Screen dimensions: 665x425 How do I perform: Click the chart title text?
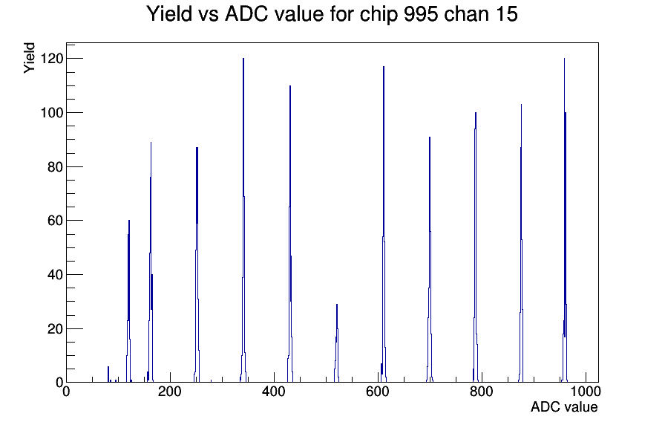click(x=332, y=13)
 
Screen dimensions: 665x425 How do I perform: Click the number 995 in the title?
click(x=421, y=13)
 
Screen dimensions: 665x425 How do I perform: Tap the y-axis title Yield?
click(x=29, y=58)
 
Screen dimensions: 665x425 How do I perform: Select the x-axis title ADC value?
click(x=564, y=406)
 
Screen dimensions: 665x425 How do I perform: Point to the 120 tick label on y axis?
click(x=51, y=58)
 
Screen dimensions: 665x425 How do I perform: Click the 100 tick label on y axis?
click(x=51, y=112)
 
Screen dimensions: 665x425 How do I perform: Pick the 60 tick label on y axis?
click(x=55, y=221)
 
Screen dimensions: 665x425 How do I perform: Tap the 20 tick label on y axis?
click(x=55, y=328)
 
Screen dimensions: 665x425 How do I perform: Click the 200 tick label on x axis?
click(x=170, y=391)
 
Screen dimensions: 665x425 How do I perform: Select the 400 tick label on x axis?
click(x=274, y=391)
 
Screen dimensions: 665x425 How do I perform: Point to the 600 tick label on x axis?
click(x=378, y=391)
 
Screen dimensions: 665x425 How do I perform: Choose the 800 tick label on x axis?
click(x=482, y=391)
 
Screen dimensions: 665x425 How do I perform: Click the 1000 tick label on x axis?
click(x=586, y=391)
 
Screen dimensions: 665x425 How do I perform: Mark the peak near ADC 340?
click(x=243, y=221)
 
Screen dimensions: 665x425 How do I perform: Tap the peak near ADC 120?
click(x=129, y=302)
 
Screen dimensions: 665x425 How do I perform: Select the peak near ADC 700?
click(x=430, y=260)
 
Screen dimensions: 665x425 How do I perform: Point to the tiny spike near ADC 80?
click(x=108, y=374)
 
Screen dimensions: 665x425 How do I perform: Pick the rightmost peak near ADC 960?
click(x=565, y=221)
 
